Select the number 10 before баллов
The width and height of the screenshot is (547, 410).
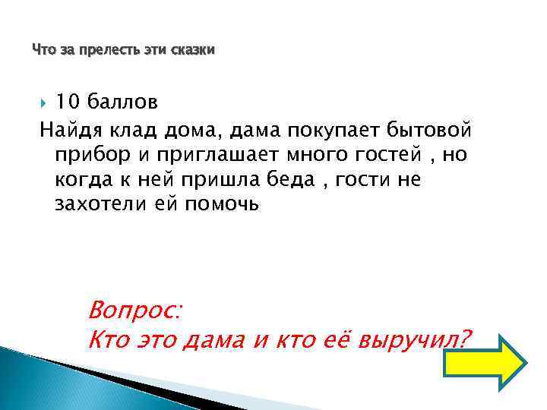pyautogui.click(x=68, y=102)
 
